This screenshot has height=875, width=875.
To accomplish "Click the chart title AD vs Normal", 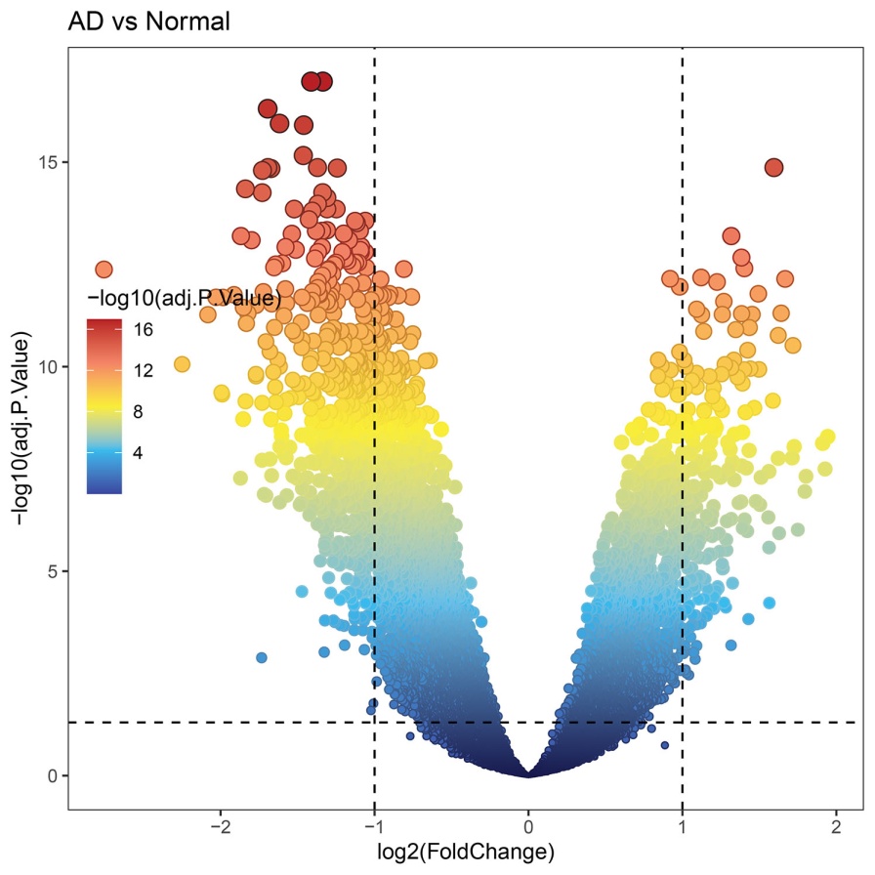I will click(x=148, y=21).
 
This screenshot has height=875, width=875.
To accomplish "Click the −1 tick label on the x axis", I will click(x=372, y=827).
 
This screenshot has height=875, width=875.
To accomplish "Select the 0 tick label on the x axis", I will click(x=528, y=827).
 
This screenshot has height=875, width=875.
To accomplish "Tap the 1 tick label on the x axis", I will click(x=682, y=827).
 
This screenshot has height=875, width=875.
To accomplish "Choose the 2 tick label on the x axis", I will click(x=836, y=827).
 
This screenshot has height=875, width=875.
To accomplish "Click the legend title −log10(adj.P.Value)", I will click(x=184, y=297).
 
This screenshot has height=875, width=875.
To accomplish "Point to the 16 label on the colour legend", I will click(x=144, y=330).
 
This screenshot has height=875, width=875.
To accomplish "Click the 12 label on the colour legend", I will click(x=144, y=371).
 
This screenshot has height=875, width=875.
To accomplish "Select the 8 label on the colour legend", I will click(x=140, y=412).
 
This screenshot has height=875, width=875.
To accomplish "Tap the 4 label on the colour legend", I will click(x=140, y=453).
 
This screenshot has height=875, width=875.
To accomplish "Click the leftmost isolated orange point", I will click(x=104, y=270).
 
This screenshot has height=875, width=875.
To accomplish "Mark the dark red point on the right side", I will click(x=773, y=167).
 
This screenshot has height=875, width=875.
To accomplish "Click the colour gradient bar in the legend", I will click(x=104, y=405).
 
